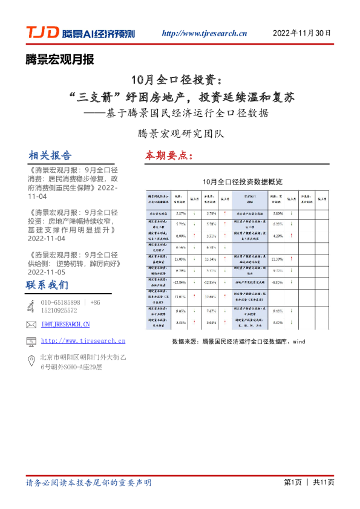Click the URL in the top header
pos(205,34)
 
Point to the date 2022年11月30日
pos(302,33)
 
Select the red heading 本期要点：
pos(169,155)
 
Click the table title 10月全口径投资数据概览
pos(243,181)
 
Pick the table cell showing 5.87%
pos(180,213)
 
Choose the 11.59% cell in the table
pos(278,259)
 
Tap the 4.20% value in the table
pos(278,236)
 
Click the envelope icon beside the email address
pos(31,325)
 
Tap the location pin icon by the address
pos(31,361)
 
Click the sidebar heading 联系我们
pos(47,285)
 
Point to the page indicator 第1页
pos(293,482)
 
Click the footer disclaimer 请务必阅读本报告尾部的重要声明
pos(88,483)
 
